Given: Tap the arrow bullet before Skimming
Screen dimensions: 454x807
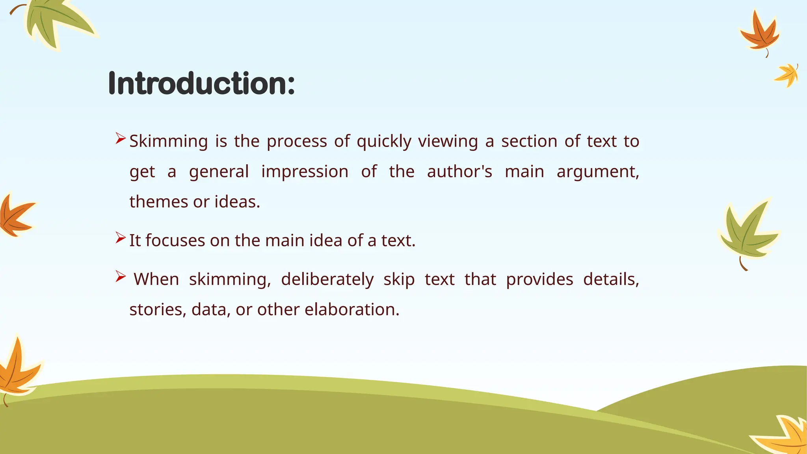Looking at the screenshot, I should coord(121,138).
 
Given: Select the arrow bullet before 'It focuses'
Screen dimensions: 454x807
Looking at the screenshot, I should coord(121,238).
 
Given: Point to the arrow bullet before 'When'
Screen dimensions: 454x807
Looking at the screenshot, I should coord(121,277).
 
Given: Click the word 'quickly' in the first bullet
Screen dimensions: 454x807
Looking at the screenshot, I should coord(384,141).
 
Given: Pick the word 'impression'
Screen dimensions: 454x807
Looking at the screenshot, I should coord(305,172).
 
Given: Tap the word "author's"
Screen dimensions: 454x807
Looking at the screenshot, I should coord(459,172).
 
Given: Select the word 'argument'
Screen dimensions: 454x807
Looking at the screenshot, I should coord(597,172).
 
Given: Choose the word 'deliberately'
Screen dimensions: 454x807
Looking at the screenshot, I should coord(327,279).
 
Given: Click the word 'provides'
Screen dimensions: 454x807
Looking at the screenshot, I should coord(539,279).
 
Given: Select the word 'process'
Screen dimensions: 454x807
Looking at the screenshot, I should coord(297,141).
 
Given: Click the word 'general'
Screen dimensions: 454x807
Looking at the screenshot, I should coord(219,172).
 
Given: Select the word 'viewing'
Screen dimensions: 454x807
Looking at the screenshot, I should coord(448,141).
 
